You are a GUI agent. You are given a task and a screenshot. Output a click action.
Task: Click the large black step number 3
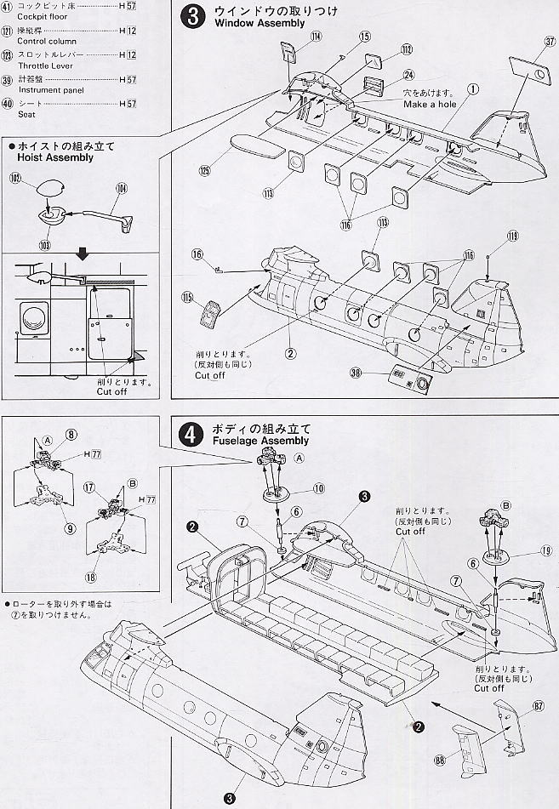193,17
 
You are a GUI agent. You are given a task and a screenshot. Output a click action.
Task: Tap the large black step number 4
191,434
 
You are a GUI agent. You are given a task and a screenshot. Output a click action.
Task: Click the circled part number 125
204,170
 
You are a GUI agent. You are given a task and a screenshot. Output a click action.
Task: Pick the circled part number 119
512,236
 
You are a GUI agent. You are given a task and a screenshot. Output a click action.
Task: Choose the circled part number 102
15,179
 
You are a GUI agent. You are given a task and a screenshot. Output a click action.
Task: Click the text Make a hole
430,104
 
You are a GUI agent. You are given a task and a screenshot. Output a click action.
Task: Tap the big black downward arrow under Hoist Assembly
82,255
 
